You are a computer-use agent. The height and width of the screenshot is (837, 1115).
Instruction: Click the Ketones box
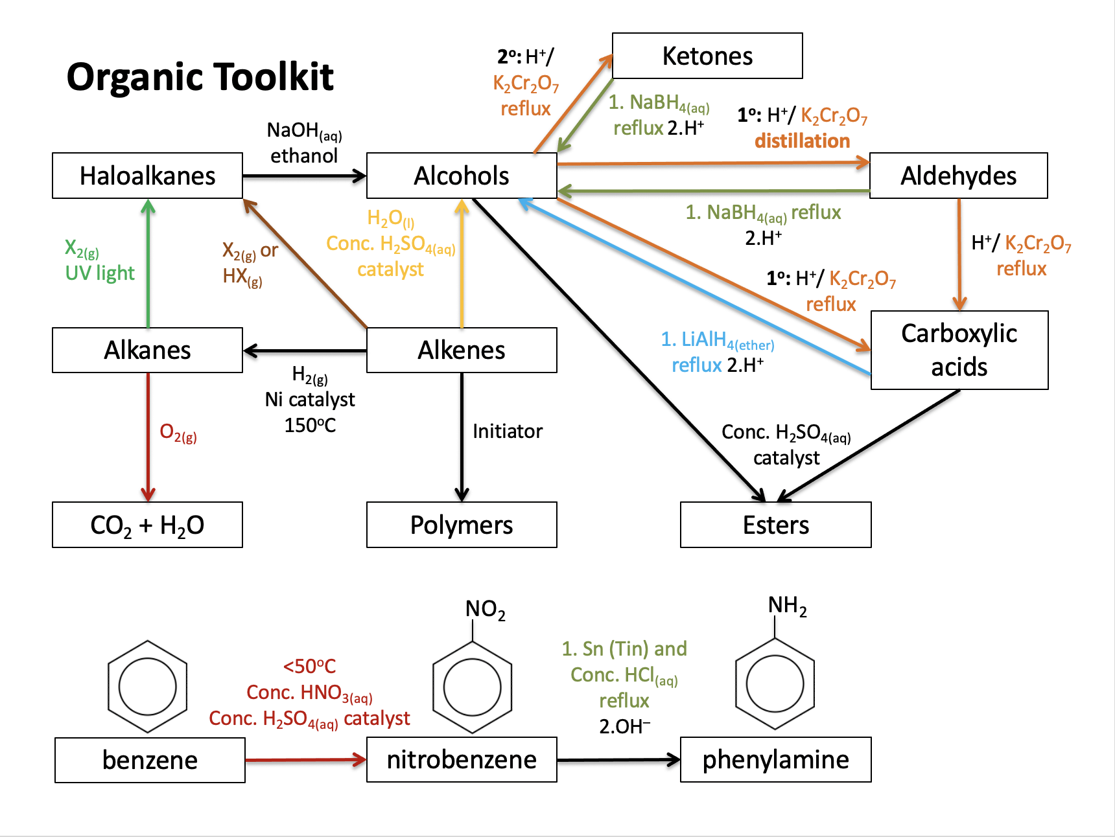[x=707, y=56]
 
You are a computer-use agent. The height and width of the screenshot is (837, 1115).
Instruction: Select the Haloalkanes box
[x=147, y=176]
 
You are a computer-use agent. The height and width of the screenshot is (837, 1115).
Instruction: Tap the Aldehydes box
[x=958, y=176]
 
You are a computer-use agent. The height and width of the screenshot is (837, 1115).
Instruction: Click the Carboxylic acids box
[x=959, y=350]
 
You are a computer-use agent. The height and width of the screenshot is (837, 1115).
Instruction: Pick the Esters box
[x=775, y=525]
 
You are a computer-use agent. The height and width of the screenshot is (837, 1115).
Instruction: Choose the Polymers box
[x=462, y=525]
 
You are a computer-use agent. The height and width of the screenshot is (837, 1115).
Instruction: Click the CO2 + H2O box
[x=147, y=525]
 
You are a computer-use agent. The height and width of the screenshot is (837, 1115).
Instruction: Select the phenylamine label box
[x=775, y=759]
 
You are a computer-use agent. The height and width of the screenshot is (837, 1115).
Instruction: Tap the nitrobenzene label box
[x=462, y=759]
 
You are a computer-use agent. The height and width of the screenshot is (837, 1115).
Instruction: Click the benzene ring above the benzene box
[x=148, y=687]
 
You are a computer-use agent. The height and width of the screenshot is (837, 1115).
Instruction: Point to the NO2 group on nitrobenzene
[x=485, y=610]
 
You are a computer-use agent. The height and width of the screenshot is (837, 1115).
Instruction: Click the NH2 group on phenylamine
[x=787, y=606]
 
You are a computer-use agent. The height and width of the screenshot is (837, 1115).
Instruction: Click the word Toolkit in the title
[x=272, y=77]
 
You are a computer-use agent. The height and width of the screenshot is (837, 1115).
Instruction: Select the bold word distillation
[x=802, y=141]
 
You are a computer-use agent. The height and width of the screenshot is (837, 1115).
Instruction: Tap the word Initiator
[x=507, y=431]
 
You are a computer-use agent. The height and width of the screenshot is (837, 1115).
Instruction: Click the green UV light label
[x=100, y=273]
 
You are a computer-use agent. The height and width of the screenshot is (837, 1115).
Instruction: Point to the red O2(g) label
[x=178, y=433]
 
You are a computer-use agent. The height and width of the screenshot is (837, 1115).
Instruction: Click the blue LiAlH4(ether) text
[x=717, y=339]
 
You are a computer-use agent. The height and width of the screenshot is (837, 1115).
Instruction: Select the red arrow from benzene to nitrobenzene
[x=305, y=760]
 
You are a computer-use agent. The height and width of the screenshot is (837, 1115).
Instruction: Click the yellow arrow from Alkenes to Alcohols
[x=462, y=266]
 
